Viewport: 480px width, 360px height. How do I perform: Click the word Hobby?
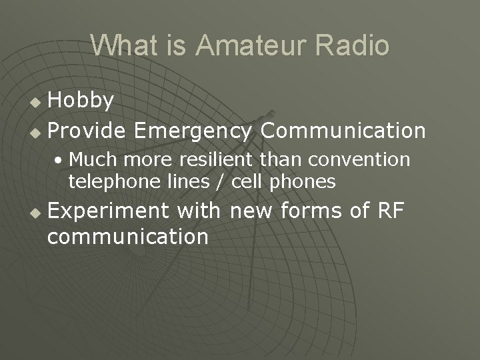81,101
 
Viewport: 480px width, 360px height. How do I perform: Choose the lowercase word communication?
128,236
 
